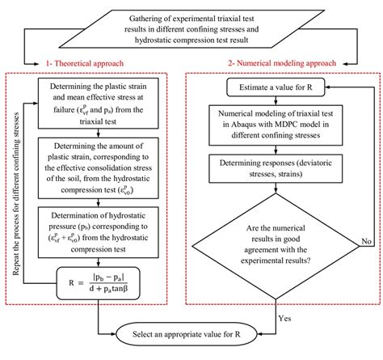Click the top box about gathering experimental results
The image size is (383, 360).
tap(191, 23)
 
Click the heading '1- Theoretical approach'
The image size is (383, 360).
tap(85, 61)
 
